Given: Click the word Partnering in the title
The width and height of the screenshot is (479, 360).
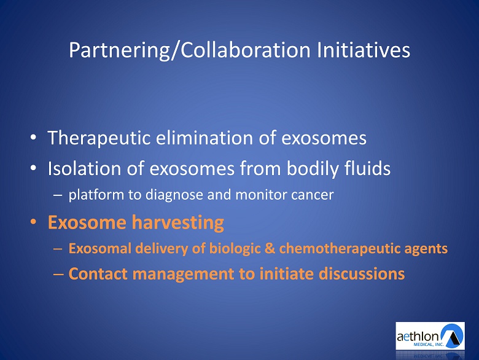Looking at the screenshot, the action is point(119,50).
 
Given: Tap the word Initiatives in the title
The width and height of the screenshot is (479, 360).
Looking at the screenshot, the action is point(364,50).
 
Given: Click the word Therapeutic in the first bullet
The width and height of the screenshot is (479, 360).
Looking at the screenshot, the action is point(99,138).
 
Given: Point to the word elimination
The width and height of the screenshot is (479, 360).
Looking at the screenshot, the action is point(204,138).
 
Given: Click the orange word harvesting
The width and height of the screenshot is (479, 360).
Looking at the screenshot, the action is point(178,223).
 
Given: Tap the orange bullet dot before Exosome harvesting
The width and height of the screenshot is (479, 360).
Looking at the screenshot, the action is point(33,222).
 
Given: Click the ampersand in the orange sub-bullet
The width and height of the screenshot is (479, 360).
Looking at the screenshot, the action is point(270,248).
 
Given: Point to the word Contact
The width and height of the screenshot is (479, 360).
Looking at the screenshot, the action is point(98,273).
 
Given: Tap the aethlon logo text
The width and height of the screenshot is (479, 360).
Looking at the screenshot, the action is point(418,337).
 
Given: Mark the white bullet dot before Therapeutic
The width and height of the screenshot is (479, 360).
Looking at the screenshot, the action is point(33,137).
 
